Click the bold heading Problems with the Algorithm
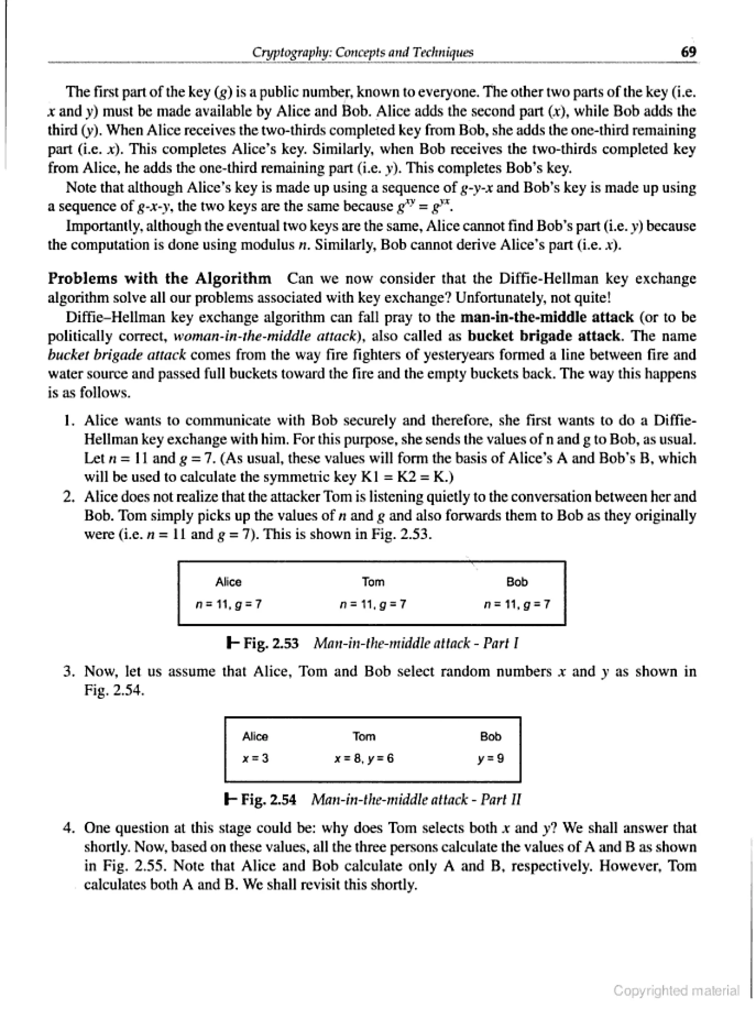(159, 278)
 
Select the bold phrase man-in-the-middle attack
(547, 317)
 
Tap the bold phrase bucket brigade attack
(543, 336)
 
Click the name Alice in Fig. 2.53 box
(228, 582)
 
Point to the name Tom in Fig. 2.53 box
(373, 582)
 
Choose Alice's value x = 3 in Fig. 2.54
(256, 758)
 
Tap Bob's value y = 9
(491, 758)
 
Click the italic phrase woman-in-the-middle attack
(269, 336)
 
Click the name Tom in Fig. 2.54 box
(364, 736)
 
